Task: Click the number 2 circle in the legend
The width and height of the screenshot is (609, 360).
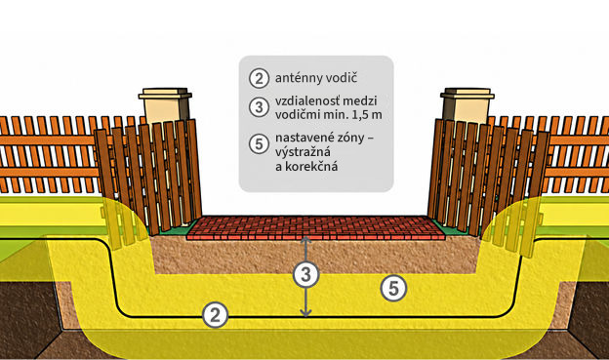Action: click(259, 78)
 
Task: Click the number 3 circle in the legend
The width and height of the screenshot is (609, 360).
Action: click(259, 107)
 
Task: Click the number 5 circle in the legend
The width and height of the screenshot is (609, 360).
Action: click(259, 144)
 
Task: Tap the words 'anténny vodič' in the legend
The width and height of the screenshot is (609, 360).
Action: click(316, 78)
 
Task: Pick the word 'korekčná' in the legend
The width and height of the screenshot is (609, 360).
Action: click(311, 167)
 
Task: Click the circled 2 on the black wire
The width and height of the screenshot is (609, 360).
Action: click(215, 315)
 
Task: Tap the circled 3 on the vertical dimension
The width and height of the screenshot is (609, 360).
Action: click(306, 274)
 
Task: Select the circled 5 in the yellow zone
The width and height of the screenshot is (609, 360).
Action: click(393, 289)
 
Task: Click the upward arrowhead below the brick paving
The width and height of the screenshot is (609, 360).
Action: click(306, 240)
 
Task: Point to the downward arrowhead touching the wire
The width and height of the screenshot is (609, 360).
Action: click(306, 312)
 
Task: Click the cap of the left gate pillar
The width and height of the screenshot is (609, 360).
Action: click(165, 94)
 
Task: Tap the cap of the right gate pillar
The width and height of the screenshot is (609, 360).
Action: click(467, 94)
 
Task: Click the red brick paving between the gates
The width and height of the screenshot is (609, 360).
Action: click(316, 228)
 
